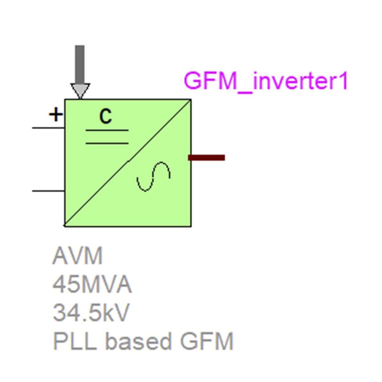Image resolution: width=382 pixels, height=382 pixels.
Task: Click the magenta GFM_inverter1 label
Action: pyautogui.click(x=266, y=81)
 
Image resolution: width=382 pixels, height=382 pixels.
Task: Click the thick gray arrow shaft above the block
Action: pyautogui.click(x=80, y=64)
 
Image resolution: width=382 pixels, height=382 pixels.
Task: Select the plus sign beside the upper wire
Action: pyautogui.click(x=56, y=114)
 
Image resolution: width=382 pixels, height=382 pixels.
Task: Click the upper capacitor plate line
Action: pyautogui.click(x=107, y=130)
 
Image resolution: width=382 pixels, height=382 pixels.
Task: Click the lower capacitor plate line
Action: pyautogui.click(x=107, y=143)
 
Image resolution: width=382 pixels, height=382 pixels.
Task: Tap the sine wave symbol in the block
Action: pyautogui.click(x=154, y=177)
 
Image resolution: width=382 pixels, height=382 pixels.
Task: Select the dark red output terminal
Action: pyautogui.click(x=206, y=158)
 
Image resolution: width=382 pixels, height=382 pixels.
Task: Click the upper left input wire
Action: pyautogui.click(x=48, y=128)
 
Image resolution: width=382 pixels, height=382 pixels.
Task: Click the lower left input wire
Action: pyautogui.click(x=48, y=191)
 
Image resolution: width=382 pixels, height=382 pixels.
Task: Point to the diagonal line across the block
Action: pyautogui.click(x=128, y=162)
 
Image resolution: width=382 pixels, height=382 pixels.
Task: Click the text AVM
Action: pyautogui.click(x=77, y=256)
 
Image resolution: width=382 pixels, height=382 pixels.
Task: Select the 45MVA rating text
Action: pyautogui.click(x=92, y=285)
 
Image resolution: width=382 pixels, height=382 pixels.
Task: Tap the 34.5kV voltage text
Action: pyautogui.click(x=91, y=313)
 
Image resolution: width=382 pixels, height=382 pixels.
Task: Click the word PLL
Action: pyautogui.click(x=75, y=341)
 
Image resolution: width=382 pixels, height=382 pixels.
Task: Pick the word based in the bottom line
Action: pyautogui.click(x=138, y=341)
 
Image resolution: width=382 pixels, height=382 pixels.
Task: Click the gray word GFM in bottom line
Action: pyautogui.click(x=207, y=341)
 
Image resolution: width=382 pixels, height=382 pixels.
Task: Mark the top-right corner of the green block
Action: pyautogui.click(x=191, y=100)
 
